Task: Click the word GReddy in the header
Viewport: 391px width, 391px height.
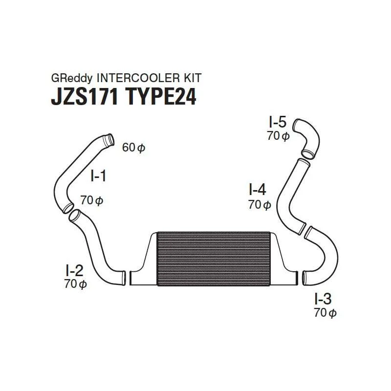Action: (x=71, y=78)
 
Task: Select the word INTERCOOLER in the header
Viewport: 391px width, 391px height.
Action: (x=138, y=78)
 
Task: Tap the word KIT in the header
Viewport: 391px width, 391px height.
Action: (x=192, y=78)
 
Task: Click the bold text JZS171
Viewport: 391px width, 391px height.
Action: (x=84, y=97)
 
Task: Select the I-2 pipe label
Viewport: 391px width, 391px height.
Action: (x=74, y=271)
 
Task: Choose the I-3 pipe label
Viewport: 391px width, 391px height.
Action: (x=323, y=299)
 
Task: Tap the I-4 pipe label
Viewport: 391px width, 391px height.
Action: (x=258, y=189)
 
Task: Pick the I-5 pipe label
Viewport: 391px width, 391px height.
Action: (x=278, y=122)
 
